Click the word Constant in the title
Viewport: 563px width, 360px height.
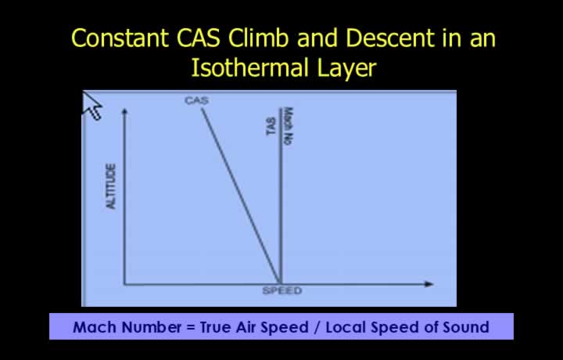(120, 38)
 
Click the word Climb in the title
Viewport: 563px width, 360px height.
(259, 38)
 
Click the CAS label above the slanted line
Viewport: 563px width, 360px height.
(196, 100)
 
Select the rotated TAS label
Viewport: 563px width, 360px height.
(271, 126)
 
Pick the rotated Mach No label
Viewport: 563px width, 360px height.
(289, 126)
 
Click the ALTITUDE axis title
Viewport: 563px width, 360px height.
(111, 186)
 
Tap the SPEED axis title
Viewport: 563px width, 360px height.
(282, 290)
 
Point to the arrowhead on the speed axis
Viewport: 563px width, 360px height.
(429, 284)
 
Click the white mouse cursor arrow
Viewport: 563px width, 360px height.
(91, 106)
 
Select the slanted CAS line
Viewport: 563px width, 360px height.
(241, 196)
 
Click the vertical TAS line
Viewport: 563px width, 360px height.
(281, 196)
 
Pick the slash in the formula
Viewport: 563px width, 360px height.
(317, 327)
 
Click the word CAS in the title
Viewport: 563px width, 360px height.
(198, 38)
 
